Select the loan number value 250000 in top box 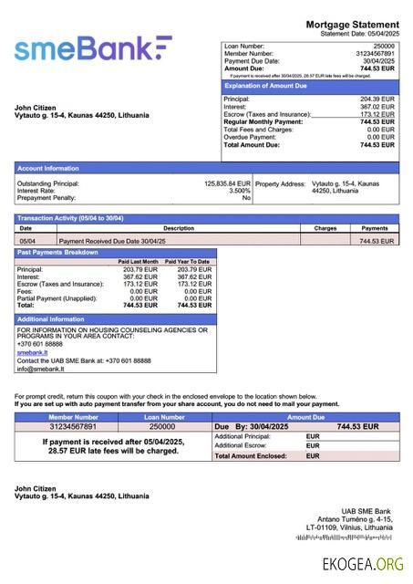tap(384, 45)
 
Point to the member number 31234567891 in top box tap(376, 52)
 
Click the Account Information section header tap(48, 168)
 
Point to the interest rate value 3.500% tap(239, 190)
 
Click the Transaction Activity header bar tap(70, 218)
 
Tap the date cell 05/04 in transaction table tap(27, 241)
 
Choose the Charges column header tap(325, 228)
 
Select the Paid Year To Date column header tap(188, 262)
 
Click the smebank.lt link tap(32, 351)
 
